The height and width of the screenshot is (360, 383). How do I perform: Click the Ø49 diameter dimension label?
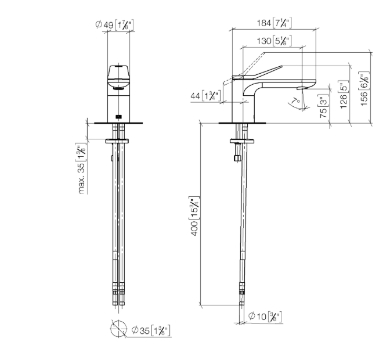pos(114,25)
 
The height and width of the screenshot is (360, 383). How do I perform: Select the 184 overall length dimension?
pos(274,23)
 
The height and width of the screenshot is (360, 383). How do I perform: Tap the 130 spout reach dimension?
pos(274,41)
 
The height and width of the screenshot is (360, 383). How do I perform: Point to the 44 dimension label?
pos(205,96)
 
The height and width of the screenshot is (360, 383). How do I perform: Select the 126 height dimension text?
pos(343,94)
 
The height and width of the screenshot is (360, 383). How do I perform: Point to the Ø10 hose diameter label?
pos(265,316)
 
